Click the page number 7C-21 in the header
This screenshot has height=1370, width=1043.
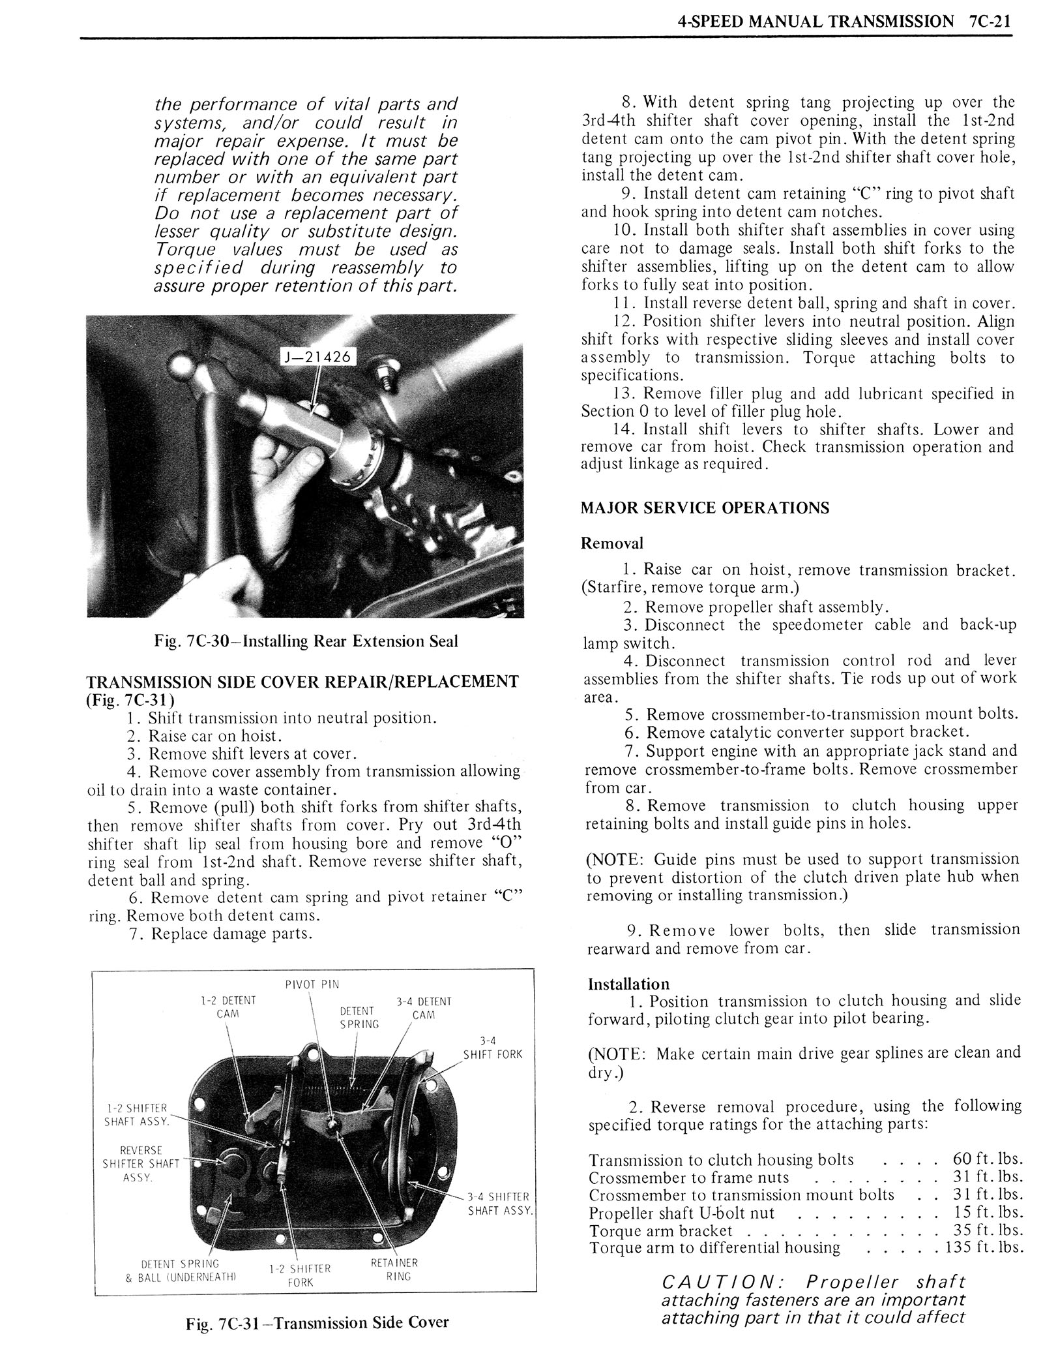990,21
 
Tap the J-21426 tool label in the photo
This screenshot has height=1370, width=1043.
318,356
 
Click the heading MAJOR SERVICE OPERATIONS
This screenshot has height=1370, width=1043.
705,508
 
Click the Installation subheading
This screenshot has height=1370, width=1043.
628,984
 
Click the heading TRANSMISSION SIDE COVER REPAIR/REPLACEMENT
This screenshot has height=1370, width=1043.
302,682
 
